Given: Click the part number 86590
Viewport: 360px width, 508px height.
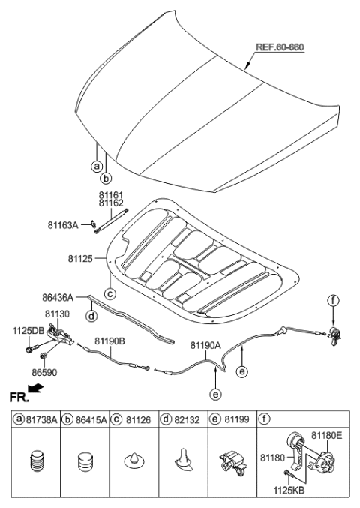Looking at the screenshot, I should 44,371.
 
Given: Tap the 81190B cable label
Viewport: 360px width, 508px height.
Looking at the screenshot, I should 109,341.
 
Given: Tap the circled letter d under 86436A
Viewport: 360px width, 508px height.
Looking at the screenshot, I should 91,317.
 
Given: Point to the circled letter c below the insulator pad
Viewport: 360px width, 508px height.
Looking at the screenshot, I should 109,293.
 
